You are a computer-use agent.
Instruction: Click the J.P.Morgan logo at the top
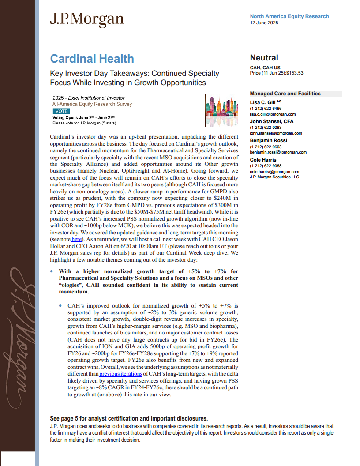86,19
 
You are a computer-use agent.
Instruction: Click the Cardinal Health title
92,59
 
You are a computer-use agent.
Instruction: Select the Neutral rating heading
264,58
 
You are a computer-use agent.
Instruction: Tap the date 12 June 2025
264,23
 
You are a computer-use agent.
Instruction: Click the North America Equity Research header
289,16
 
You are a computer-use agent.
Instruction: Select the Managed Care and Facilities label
285,94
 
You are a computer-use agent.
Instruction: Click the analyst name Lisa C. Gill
263,103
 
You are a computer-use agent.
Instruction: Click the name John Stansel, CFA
271,121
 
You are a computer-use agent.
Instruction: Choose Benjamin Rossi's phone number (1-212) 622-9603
266,147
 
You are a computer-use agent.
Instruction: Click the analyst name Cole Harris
263,160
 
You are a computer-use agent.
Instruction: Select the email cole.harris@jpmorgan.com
274,171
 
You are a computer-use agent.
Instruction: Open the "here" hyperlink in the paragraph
77,239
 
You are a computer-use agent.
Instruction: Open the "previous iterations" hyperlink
117,373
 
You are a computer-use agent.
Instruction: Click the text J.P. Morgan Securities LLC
274,177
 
